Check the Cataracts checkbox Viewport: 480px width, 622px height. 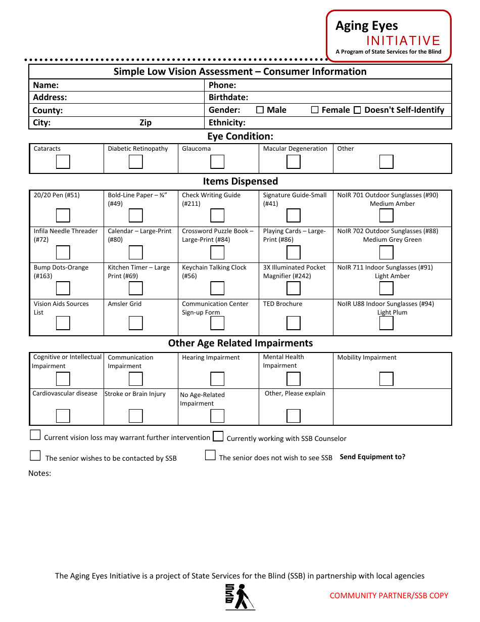pos(63,162)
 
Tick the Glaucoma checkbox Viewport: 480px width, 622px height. pos(217,162)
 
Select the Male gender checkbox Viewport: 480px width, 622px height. pos(260,110)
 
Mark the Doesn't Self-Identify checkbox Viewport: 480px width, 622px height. pos(357,110)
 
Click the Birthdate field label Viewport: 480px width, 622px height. pos(228,97)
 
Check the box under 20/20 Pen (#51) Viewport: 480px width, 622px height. pos(63,215)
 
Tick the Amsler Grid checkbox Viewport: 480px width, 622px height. pos(135,323)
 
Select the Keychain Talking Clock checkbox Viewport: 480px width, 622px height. pos(217,288)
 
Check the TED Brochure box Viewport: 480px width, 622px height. pos(294,323)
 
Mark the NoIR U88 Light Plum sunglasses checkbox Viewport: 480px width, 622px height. pos(387,323)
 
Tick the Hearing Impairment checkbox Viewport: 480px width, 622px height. pos(217,379)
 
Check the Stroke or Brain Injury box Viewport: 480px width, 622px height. pos(135,416)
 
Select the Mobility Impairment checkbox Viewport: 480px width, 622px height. pos(387,379)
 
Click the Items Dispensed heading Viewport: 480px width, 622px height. pos(241,181)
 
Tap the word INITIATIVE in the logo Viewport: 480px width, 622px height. pos(403,41)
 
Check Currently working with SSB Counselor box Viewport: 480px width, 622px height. pos(218,436)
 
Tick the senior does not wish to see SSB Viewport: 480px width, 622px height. pos(210,455)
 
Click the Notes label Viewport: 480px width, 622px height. pos(39,473)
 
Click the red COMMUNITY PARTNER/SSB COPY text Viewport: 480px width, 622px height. pos(389,595)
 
